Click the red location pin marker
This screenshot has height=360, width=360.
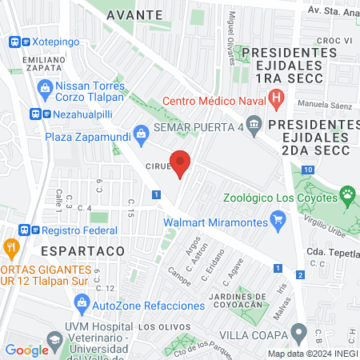181,162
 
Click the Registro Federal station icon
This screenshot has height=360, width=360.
26,228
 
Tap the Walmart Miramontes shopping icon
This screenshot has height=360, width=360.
278,218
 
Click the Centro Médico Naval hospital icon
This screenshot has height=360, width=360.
277,100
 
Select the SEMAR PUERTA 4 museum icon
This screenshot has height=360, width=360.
254,125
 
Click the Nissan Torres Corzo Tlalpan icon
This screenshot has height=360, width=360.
46,85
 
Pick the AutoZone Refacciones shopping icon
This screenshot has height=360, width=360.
81,302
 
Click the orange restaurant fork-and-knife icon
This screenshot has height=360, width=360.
10,248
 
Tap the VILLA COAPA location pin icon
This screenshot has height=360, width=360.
298,331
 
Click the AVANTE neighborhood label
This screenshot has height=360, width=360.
134,14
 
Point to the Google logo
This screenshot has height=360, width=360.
26,349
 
